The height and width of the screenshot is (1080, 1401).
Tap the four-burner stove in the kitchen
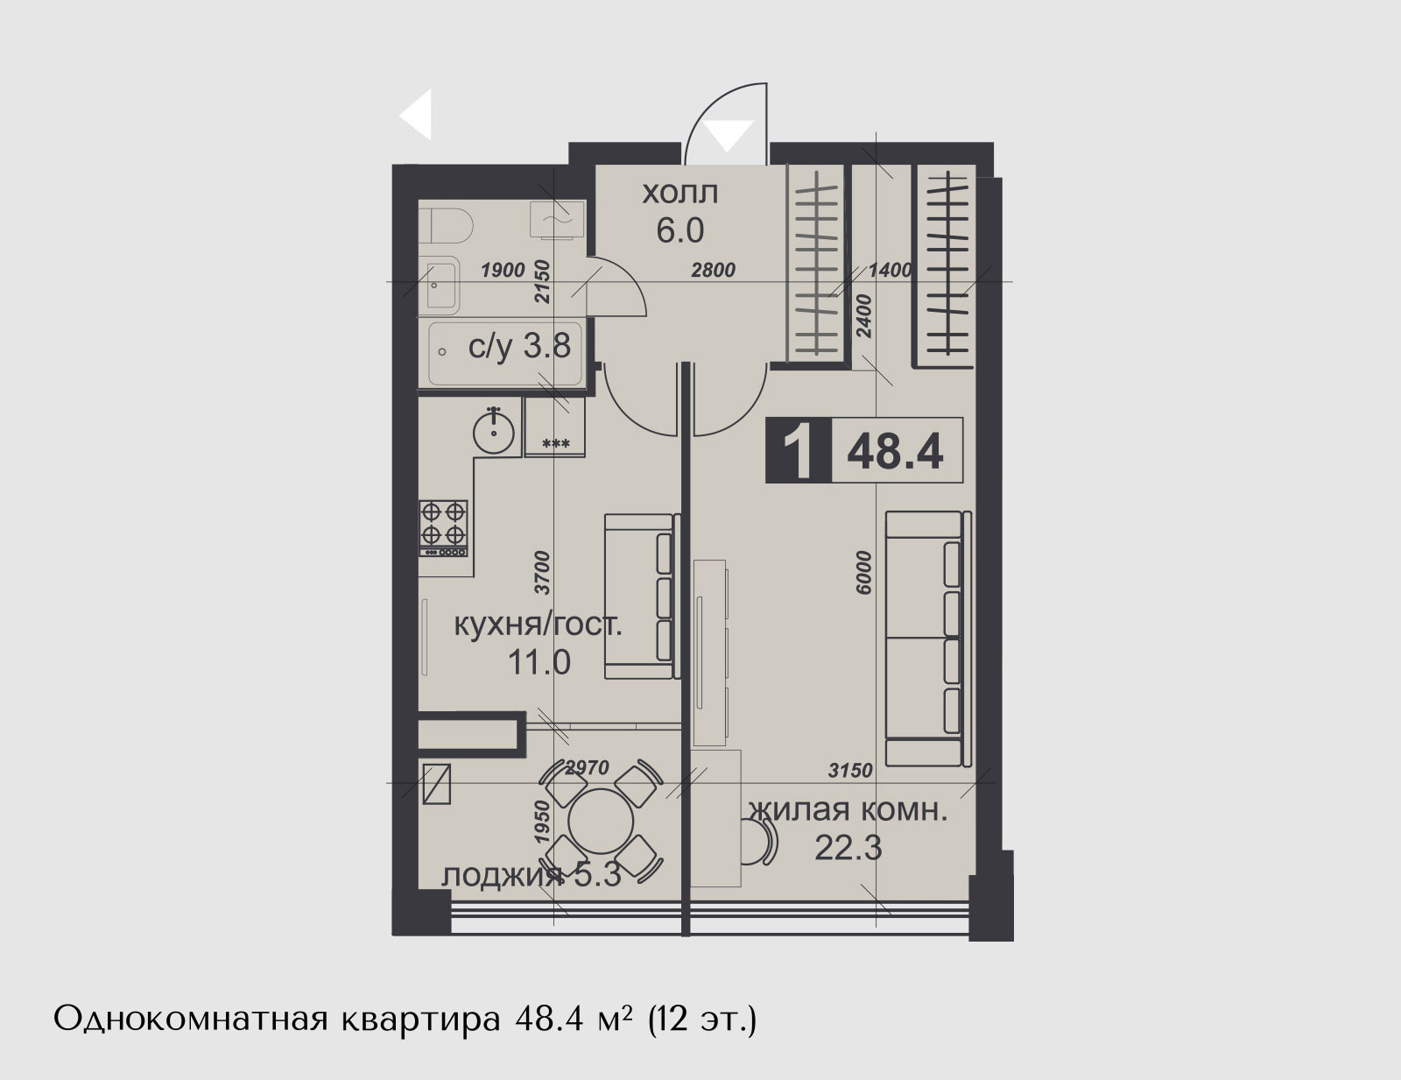444,528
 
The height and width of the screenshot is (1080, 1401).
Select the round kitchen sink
494,431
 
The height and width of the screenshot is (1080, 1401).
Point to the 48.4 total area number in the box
895,451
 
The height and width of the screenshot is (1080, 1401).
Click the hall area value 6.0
680,230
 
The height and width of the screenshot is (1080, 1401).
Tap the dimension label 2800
713,270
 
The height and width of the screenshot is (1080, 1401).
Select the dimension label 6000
864,573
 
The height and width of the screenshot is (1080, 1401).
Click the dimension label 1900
503,270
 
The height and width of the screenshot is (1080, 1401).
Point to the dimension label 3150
850,770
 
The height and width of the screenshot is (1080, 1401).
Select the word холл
679,194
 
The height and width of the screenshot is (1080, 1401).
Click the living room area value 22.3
848,848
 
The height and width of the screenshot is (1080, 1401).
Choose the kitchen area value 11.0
539,662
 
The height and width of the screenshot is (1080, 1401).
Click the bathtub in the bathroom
505,353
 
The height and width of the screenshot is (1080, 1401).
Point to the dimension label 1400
891,270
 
